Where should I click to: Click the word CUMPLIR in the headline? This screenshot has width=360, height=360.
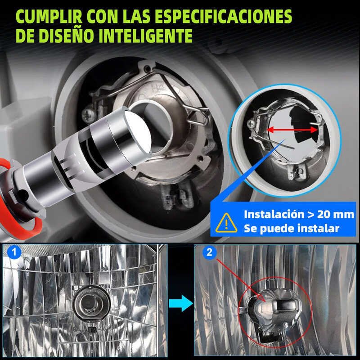tap(49, 17)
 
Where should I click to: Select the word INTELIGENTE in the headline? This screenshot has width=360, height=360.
tap(145, 36)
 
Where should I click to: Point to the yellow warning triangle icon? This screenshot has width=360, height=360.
tap(226, 223)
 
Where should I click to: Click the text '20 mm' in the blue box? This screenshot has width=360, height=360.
tap(336, 215)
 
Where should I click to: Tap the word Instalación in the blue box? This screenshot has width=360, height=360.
tap(274, 215)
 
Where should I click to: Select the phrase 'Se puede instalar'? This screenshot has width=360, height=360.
tap(292, 229)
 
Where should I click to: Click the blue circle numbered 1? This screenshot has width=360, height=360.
tap(14, 252)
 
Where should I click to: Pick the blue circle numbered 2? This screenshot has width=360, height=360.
tap(209, 252)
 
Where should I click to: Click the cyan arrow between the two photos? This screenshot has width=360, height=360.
tap(181, 303)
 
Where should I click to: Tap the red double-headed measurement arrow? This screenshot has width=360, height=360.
tap(292, 130)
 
